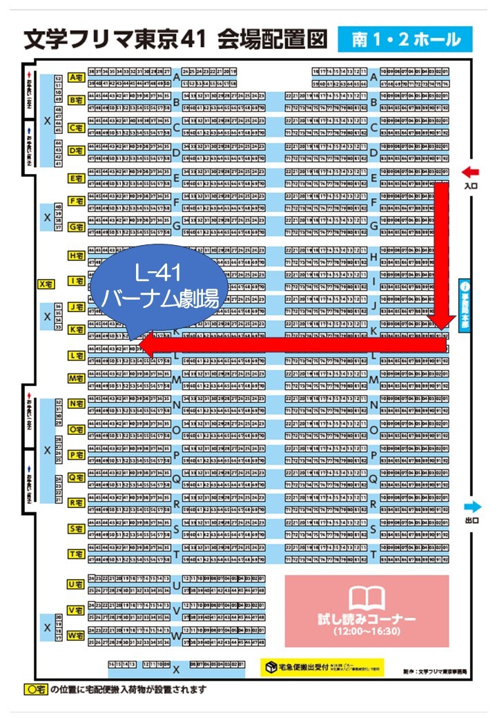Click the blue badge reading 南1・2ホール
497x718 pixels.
[x=405, y=40]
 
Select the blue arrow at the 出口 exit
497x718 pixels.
[x=472, y=507]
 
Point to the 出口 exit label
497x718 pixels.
[x=471, y=521]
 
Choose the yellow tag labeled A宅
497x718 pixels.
[x=76, y=77]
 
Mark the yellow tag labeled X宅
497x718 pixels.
[x=46, y=284]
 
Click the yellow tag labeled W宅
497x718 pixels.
[x=76, y=635]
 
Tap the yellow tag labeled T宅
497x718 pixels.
[x=76, y=554]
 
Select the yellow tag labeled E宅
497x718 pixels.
[x=76, y=178]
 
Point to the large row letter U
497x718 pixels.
[x=177, y=586]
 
